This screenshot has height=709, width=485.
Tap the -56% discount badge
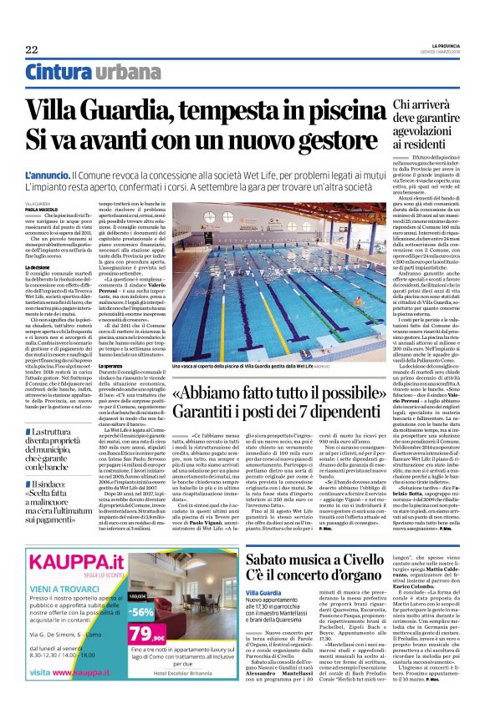coord(139,611)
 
